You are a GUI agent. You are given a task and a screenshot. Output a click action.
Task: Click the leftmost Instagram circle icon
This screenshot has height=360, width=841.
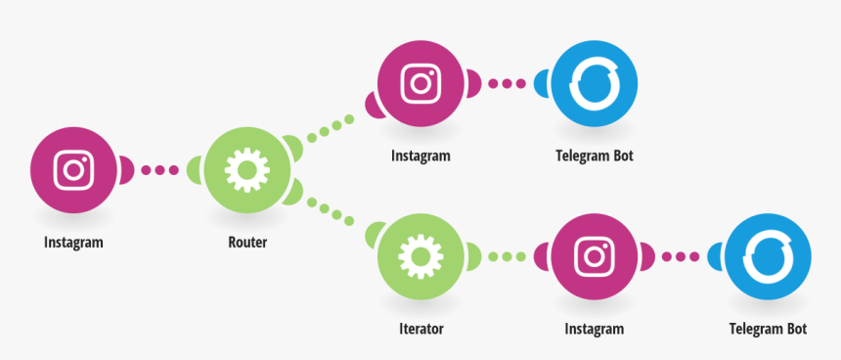click(x=73, y=170)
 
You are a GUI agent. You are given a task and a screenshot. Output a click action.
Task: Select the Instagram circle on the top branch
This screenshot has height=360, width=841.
click(x=421, y=83)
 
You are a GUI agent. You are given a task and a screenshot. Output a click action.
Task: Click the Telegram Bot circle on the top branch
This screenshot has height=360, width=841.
click(x=594, y=84)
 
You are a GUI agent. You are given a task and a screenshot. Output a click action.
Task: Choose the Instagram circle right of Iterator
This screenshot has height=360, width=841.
click(x=594, y=257)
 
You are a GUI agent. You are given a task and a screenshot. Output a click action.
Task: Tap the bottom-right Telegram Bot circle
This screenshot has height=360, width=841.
click(x=767, y=257)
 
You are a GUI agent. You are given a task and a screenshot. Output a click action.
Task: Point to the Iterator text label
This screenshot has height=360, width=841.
click(x=420, y=329)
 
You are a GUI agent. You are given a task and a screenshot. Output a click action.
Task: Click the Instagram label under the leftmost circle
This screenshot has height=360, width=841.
click(x=73, y=243)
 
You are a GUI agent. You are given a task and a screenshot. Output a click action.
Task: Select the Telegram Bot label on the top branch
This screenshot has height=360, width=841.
click(x=595, y=156)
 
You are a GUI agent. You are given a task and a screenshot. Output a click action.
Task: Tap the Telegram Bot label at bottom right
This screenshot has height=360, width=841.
click(x=768, y=329)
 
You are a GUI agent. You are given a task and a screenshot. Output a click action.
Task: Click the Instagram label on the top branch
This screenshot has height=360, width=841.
click(x=420, y=156)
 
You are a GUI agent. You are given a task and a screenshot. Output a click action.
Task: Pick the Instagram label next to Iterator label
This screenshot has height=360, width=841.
click(x=594, y=329)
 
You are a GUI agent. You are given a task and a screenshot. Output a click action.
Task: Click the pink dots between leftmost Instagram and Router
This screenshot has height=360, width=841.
click(x=159, y=170)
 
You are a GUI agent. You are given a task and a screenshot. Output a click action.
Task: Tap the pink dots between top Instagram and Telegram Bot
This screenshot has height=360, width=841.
click(x=507, y=83)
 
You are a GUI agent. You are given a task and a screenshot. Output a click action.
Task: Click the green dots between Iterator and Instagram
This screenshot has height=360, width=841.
click(x=507, y=257)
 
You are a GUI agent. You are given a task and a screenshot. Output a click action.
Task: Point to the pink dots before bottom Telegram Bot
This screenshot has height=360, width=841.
click(x=680, y=257)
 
